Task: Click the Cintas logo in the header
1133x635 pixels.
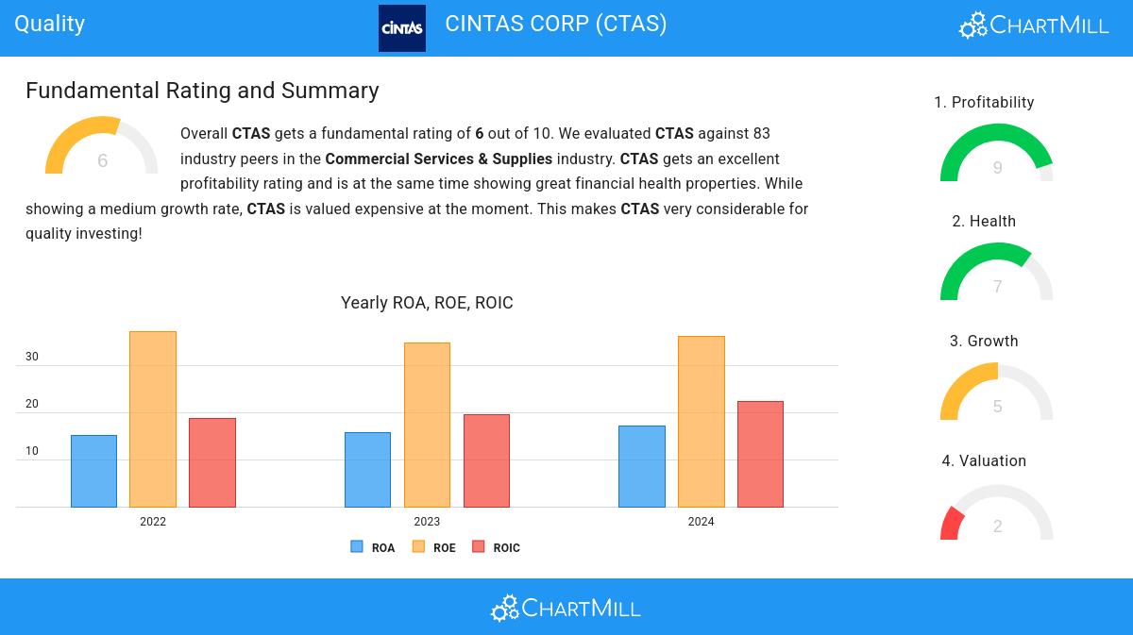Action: [401, 28]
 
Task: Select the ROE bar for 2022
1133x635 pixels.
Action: [153, 419]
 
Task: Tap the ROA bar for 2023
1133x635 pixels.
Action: [367, 469]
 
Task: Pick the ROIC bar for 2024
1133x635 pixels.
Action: [760, 454]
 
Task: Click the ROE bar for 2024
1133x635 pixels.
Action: [701, 421]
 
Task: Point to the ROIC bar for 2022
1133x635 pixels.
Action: [212, 462]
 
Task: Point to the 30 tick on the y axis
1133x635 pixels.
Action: [32, 357]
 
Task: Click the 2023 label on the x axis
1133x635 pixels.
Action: [427, 522]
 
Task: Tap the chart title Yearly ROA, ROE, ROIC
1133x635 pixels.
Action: [427, 303]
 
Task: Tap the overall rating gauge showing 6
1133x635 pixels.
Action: [102, 148]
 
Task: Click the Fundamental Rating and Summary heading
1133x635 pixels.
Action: [202, 91]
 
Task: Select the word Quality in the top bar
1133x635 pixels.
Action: [50, 24]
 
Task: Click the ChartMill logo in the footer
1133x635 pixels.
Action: [566, 609]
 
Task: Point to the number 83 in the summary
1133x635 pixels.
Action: [761, 134]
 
